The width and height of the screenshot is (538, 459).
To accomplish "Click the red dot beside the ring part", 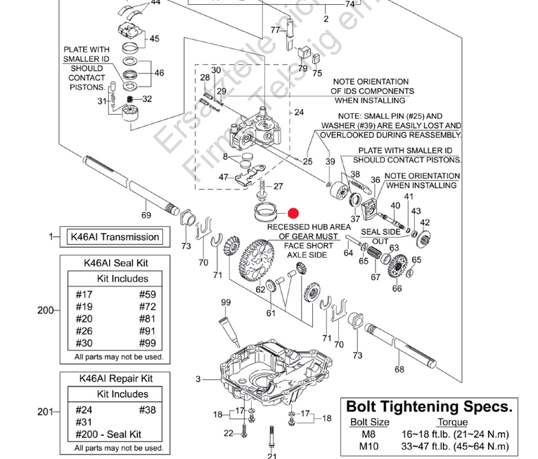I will tap(293, 213).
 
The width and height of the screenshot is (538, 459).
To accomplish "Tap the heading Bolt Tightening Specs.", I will tap(429, 407).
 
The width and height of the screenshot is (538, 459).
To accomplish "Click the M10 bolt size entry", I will tap(369, 446).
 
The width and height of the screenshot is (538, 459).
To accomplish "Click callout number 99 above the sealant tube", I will tap(226, 303).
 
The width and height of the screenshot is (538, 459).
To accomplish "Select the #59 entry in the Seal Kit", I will tap(148, 295).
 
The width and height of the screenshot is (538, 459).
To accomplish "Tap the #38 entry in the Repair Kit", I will tap(148, 410).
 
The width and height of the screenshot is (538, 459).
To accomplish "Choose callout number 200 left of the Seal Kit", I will tap(46, 310).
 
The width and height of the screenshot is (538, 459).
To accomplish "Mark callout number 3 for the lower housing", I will tap(199, 379).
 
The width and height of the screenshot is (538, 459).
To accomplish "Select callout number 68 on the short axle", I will tap(399, 369).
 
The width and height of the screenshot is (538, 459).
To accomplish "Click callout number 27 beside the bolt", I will tap(278, 187).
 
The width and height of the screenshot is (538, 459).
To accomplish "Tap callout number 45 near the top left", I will tap(154, 39).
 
